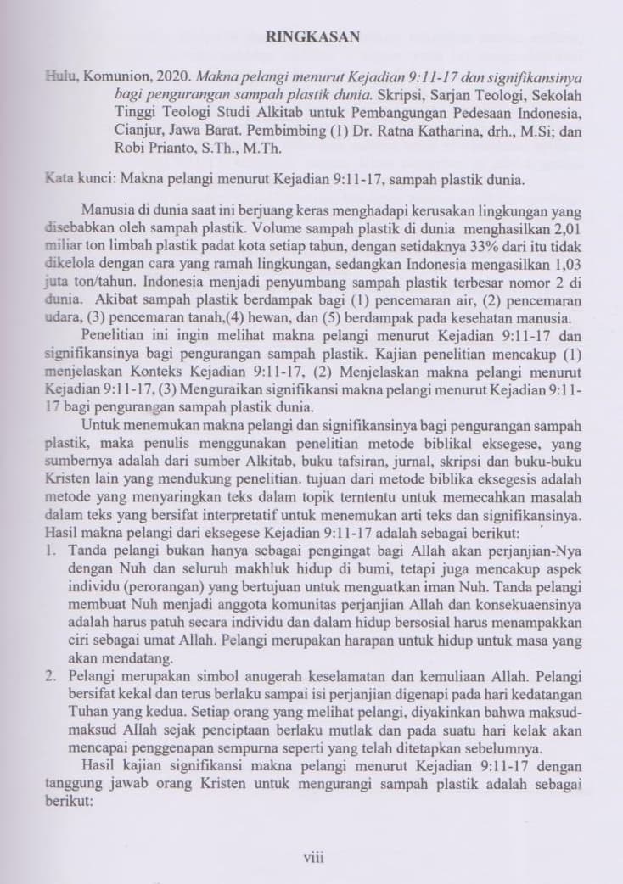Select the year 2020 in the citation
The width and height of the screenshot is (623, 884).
[168, 77]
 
